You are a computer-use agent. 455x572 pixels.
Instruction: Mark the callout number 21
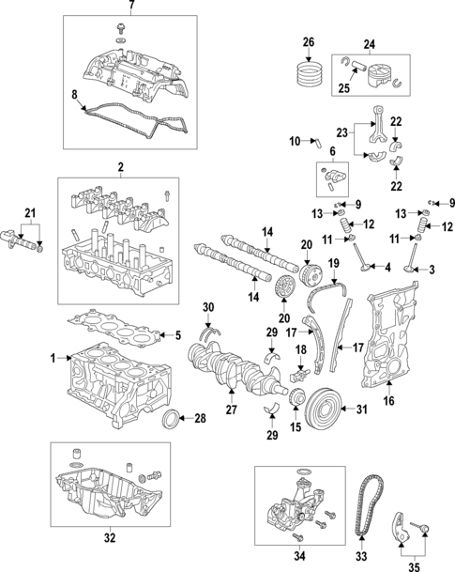click(x=30, y=212)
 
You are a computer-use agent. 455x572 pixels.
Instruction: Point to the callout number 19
click(x=332, y=265)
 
